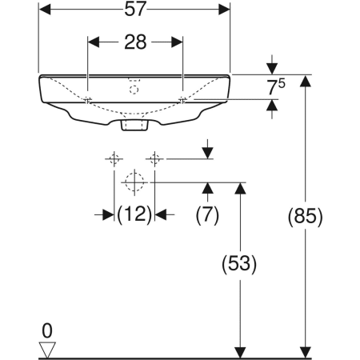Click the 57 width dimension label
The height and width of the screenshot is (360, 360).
(135, 9)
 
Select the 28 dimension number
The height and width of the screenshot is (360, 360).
(135, 42)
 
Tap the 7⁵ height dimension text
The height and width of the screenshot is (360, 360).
(276, 87)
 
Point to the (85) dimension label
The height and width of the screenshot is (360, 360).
(306, 216)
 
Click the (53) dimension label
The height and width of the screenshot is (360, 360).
(239, 264)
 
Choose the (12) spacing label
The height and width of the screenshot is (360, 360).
(134, 214)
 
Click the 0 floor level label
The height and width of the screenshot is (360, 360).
(47, 331)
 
